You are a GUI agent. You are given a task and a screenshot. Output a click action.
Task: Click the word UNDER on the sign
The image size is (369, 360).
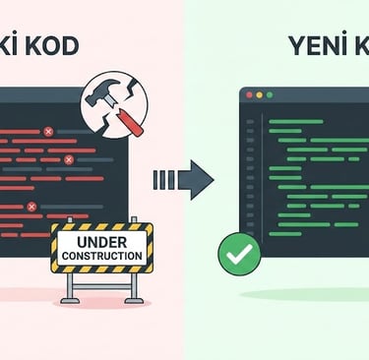[102, 239]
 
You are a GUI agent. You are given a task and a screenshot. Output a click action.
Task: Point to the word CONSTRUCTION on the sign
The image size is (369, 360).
[102, 256]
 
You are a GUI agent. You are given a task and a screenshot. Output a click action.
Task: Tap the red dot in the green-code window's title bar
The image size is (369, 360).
[249, 94]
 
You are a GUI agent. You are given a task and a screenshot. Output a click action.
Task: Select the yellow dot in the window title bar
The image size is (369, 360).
[259, 94]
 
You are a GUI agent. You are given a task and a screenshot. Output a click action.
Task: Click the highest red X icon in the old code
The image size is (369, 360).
[47, 131]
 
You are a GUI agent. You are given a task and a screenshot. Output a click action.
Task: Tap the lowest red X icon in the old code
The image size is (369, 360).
[31, 207]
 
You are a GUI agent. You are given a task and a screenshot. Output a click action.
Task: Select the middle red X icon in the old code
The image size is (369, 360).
[68, 159]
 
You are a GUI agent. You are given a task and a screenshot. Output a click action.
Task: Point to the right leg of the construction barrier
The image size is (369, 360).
[136, 287]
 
